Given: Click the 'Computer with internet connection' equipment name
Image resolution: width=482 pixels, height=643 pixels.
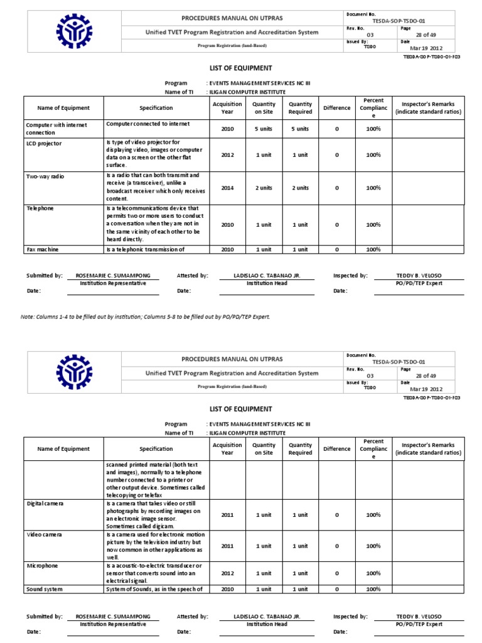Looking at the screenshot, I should pos(56,128).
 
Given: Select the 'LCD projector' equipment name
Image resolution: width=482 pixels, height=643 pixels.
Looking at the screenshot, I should pos(44,143).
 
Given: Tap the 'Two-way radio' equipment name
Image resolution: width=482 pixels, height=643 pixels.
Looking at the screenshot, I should pos(46,176).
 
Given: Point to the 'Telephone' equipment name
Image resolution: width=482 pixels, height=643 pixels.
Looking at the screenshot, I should pos(40,208).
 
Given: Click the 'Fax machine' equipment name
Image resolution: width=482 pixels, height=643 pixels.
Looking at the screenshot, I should pos(43,249).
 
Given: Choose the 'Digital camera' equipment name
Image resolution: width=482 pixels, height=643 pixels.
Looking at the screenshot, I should pos(45,504).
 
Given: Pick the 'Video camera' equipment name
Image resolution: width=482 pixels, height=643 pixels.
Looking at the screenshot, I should pos(43,534).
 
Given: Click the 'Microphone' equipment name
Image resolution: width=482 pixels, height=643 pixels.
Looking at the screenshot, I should pos(42,566).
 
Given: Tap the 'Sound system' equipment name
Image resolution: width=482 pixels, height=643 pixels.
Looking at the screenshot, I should pos(45,588).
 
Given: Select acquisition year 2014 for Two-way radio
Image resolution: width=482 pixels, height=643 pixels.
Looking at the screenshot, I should pos(227,187).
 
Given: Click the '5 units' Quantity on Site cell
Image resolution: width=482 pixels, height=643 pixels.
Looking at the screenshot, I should pos(264,129).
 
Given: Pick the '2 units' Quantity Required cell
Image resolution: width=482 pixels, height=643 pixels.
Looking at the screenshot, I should pos(300,187).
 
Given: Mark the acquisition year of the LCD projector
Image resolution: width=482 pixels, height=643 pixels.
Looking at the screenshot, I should pos(227,154).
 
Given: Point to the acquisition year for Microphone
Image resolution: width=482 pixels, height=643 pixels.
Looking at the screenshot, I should pos(227,573).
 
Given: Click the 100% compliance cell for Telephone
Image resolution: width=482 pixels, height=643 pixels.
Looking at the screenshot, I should pos(373,224).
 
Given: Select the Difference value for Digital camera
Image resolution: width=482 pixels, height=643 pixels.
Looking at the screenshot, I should pos(336,515).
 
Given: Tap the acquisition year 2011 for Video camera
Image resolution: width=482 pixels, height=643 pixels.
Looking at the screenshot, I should pos(227,546).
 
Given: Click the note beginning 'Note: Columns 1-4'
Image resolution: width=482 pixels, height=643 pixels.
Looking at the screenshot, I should pos(145,316).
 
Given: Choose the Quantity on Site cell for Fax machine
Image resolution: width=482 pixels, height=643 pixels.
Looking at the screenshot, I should pos(264,249).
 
